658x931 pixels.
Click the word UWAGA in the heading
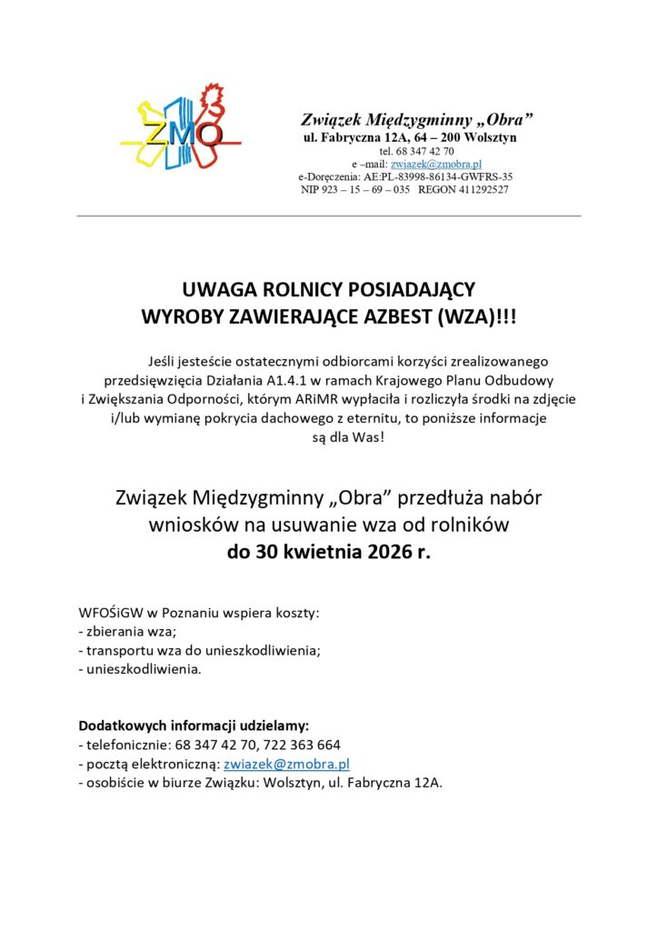point(217,290)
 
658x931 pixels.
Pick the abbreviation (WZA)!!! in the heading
point(476,315)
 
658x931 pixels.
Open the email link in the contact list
point(286,765)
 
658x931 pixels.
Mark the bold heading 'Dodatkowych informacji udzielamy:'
point(194,726)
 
